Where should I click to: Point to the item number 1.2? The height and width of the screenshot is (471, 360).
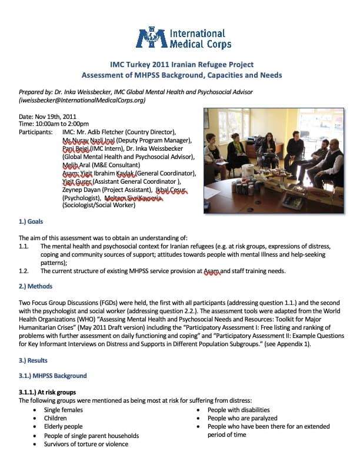click(24, 271)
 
